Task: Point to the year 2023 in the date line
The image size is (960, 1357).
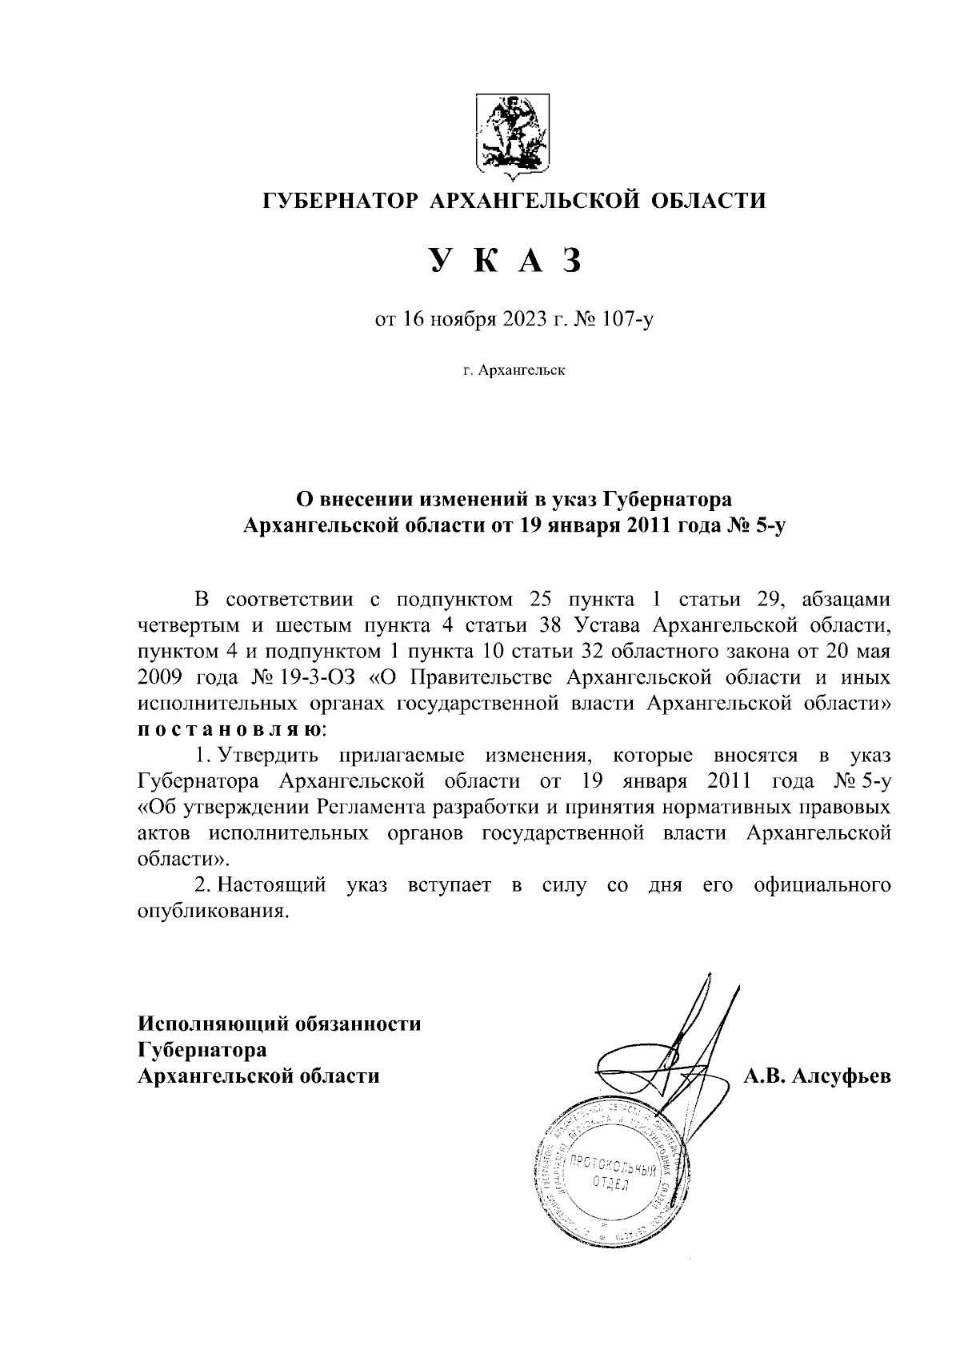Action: pyautogui.click(x=522, y=321)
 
